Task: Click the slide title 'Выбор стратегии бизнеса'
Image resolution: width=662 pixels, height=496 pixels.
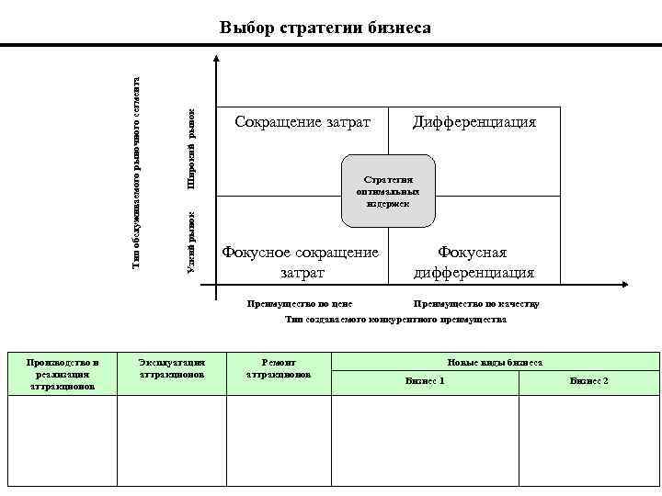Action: point(325,28)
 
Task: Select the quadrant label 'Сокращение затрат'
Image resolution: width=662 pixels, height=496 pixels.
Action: point(302,122)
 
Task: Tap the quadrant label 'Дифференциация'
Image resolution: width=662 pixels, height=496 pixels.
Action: point(474,122)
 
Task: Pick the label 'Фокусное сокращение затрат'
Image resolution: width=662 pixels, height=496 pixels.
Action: point(301,262)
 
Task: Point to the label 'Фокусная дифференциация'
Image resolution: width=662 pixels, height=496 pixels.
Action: point(474,262)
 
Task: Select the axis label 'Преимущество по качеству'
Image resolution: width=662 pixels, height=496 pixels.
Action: point(476,303)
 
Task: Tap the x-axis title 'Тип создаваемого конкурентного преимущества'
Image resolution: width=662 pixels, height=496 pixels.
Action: point(395,320)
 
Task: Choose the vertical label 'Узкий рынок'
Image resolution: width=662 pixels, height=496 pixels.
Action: point(191,241)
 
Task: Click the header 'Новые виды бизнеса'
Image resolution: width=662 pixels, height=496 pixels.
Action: point(495,362)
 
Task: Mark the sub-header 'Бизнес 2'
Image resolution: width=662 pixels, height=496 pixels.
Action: point(588,380)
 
